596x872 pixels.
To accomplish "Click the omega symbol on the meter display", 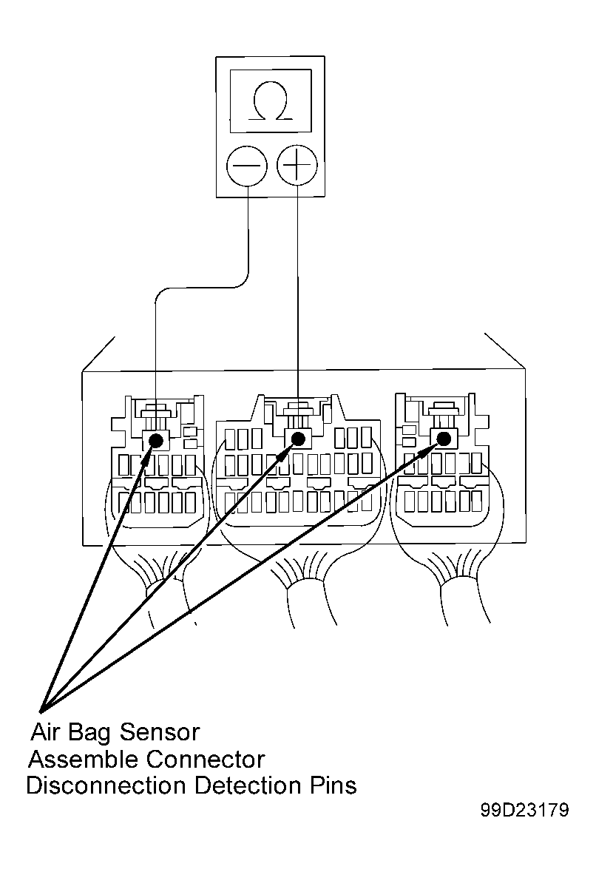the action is tap(271, 101).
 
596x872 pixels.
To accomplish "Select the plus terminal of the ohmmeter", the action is tap(297, 165).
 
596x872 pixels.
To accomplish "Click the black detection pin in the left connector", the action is tap(156, 441).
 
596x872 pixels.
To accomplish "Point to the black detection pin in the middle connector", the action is tap(298, 439).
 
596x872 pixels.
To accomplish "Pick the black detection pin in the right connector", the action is tap(444, 439).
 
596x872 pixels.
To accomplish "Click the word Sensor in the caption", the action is tap(159, 732).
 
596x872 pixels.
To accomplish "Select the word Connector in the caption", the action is tap(205, 759).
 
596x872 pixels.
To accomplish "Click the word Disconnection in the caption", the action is tap(106, 785).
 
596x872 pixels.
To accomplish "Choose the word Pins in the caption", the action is tap(332, 785).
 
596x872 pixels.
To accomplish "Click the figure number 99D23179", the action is tap(525, 810).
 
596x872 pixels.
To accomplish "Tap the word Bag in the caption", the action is tap(89, 733).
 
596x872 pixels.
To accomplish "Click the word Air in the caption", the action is tap(44, 732).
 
